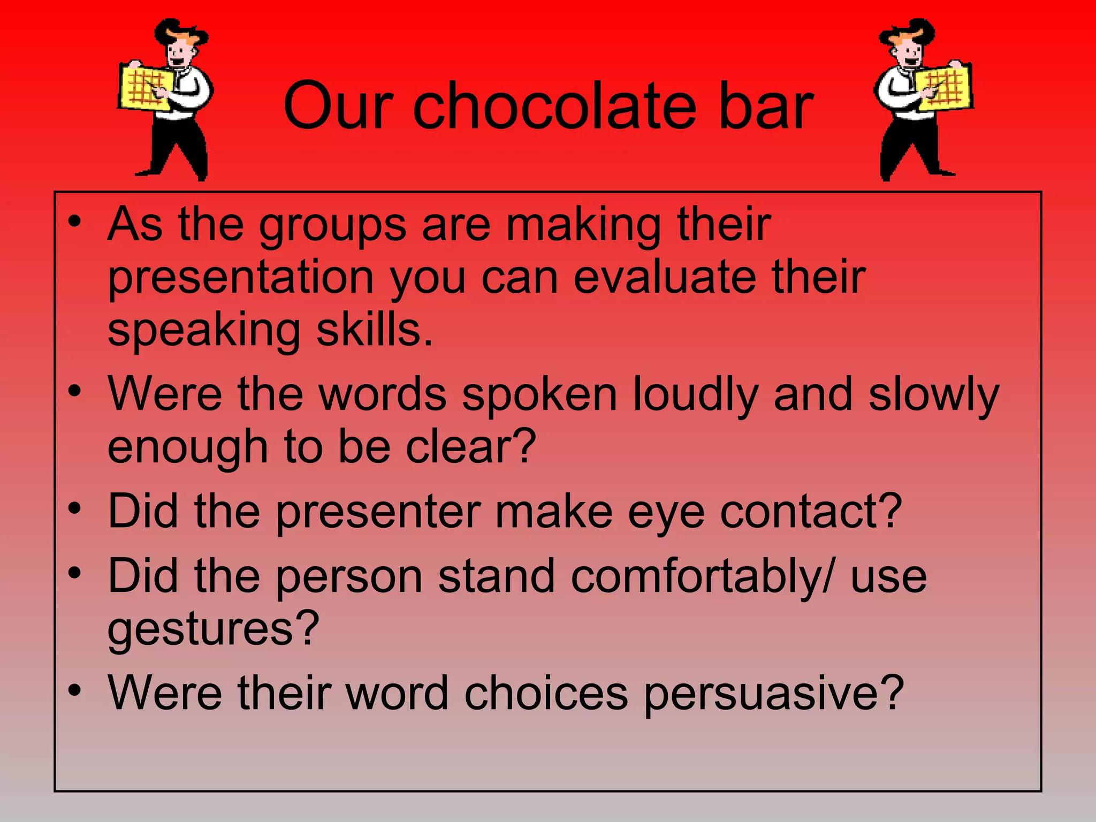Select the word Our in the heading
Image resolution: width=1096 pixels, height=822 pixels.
tap(338, 106)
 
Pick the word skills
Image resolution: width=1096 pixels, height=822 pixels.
tap(374, 330)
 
